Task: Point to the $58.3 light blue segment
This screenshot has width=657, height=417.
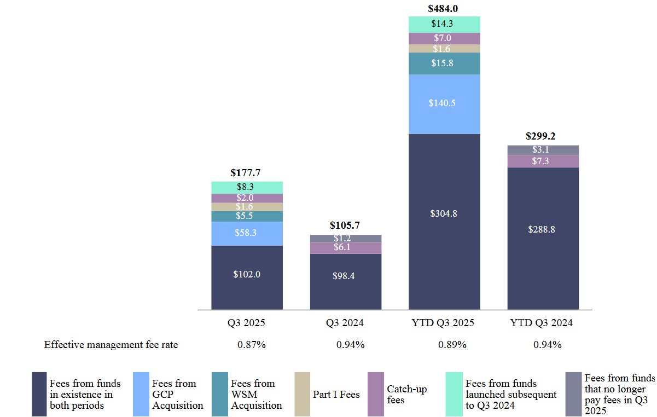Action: click(247, 233)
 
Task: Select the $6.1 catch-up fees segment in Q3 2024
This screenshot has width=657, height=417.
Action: click(345, 248)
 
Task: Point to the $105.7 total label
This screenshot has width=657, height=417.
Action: click(345, 225)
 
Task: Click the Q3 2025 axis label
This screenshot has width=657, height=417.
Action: click(247, 323)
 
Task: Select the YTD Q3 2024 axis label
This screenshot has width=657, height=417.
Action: click(542, 323)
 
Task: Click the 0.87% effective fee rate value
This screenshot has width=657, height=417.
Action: click(252, 345)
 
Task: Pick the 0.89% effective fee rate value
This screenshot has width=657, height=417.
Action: click(452, 345)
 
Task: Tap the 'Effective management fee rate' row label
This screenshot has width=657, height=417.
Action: click(111, 345)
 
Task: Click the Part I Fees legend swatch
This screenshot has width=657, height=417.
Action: click(303, 394)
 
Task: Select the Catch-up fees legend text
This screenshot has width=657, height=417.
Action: click(406, 395)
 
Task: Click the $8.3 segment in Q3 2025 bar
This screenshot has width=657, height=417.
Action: click(247, 187)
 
